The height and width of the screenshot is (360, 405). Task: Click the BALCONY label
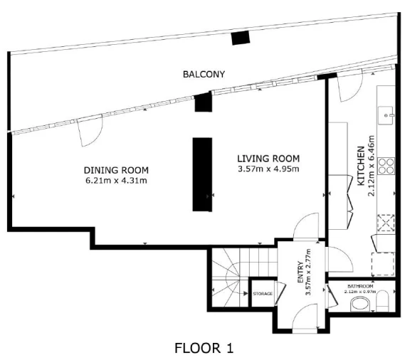click(204, 75)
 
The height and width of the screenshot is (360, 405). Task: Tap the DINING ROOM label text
click(116, 171)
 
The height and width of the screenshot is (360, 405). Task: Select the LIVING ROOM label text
click(268, 159)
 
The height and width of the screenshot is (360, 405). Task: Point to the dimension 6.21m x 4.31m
click(116, 181)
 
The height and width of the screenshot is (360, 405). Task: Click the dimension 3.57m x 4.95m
click(268, 169)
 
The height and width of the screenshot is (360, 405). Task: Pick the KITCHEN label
click(361, 166)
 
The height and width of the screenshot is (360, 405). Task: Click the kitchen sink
click(386, 115)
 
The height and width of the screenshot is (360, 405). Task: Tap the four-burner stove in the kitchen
click(386, 166)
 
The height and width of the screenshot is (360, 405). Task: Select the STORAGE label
click(263, 294)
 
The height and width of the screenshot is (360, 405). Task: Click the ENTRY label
click(300, 272)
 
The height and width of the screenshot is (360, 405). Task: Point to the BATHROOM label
click(360, 286)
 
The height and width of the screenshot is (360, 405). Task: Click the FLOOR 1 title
click(204, 348)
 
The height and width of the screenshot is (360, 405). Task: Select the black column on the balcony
click(241, 38)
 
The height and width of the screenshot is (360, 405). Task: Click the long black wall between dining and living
click(202, 174)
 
